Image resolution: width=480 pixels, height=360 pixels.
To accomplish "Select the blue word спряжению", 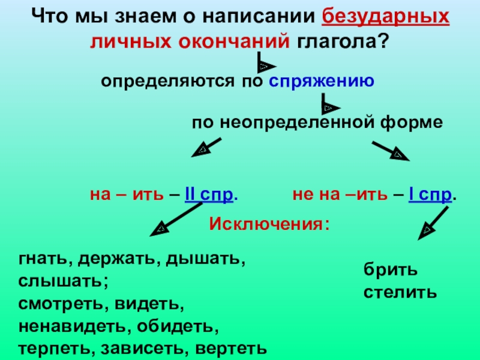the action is click(322, 81).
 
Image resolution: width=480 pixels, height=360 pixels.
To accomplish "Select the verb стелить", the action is click(399, 293).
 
